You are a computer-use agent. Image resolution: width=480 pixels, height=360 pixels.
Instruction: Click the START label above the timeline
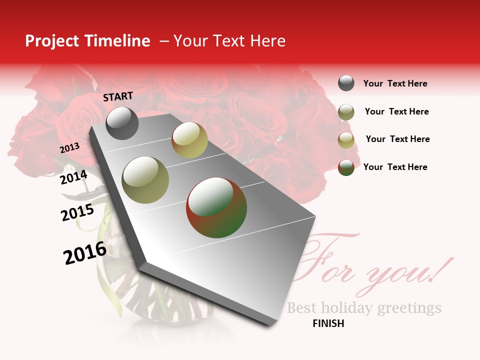[x=118, y=96]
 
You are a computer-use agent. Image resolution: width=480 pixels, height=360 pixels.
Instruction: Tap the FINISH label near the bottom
[x=328, y=323]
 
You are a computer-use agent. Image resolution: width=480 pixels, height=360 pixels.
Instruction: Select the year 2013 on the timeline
[x=69, y=148]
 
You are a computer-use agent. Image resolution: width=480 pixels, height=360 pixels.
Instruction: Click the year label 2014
[x=73, y=177]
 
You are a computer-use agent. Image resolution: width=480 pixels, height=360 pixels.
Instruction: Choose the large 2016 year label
[x=84, y=252]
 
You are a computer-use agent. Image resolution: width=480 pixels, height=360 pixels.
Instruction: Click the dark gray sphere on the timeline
[x=122, y=123]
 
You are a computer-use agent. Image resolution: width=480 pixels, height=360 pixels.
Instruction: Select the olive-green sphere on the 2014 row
[x=145, y=180]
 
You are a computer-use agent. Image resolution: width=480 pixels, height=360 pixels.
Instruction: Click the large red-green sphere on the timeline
[x=216, y=207]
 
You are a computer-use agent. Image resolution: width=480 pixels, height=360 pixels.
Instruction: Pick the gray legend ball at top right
[x=346, y=83]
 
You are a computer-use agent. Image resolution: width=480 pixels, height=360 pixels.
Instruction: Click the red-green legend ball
[x=346, y=167]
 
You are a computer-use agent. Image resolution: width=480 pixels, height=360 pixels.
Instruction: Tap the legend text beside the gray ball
[x=395, y=83]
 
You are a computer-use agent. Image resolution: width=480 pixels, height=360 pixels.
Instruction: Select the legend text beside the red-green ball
[x=395, y=167]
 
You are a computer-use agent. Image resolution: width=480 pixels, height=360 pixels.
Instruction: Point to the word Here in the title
[x=267, y=41]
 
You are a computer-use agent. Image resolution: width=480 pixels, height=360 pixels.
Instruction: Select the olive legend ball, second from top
[x=346, y=112]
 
